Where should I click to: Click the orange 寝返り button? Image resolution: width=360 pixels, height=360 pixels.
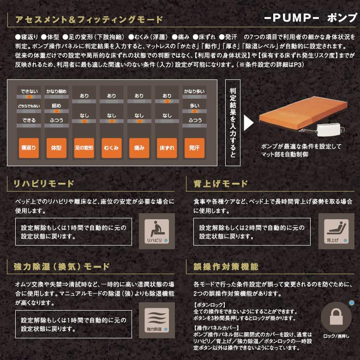(29, 148)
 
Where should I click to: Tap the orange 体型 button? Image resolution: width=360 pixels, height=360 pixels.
(56, 148)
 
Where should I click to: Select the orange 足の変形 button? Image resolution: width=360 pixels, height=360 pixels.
(84, 148)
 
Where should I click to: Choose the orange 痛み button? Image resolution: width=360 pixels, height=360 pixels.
(139, 148)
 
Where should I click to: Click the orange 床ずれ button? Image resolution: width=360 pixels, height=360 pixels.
(167, 148)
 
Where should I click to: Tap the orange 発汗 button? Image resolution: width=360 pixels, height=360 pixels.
(194, 148)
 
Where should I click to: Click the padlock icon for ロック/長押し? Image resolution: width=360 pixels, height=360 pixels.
(336, 319)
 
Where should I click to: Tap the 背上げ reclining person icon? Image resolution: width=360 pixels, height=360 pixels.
(336, 231)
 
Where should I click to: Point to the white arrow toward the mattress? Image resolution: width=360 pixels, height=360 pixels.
(248, 123)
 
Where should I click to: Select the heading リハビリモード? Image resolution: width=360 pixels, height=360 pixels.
(44, 184)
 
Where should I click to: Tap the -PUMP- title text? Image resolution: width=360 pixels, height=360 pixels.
(292, 18)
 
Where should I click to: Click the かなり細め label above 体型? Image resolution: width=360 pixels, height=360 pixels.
(56, 91)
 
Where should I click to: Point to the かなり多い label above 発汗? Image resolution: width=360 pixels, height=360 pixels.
(194, 91)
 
